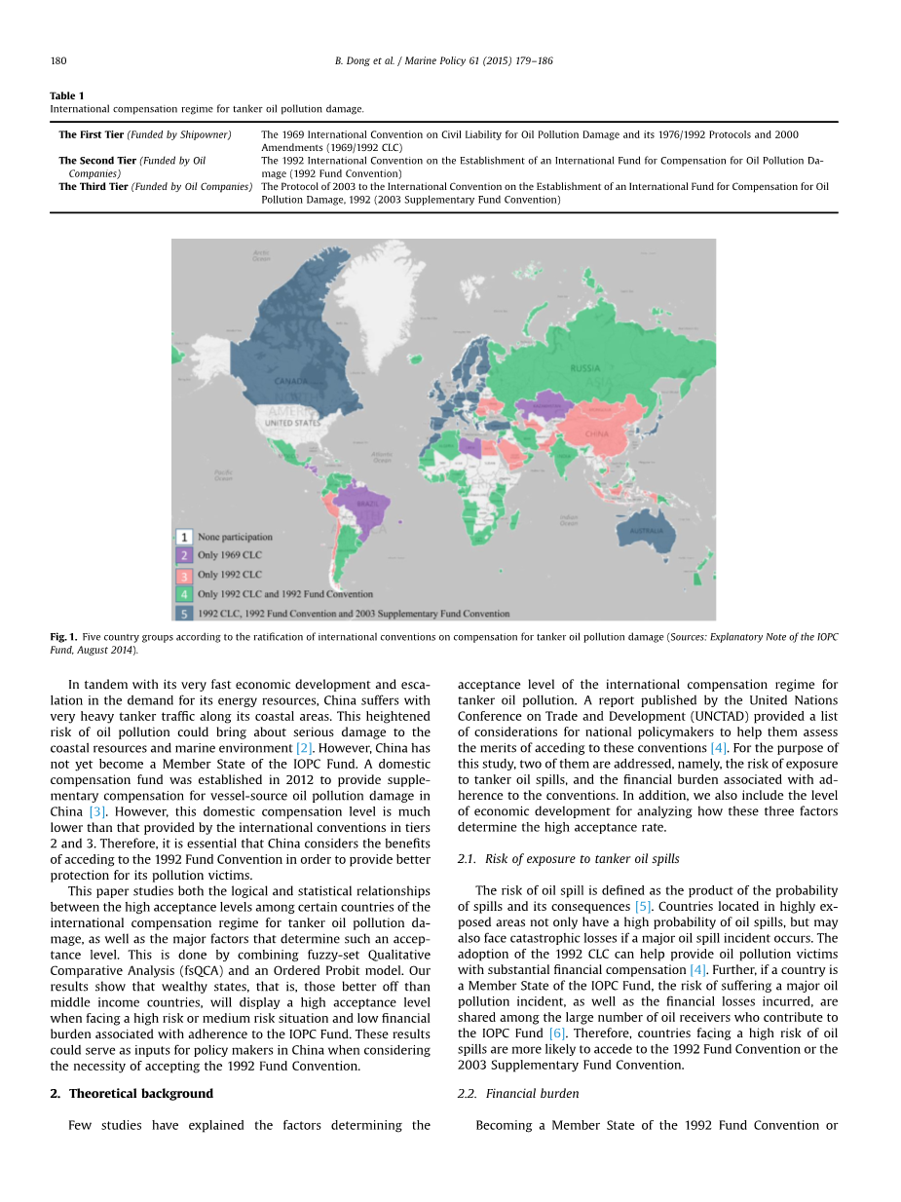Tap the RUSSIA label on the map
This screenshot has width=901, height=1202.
tap(584, 369)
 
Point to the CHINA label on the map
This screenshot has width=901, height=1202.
tap(596, 434)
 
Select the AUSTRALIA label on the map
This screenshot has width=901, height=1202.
tap(647, 531)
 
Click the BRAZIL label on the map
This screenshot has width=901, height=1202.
tap(367, 504)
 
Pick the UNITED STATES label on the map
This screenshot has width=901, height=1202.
tap(292, 424)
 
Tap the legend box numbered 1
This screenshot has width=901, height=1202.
tap(184, 537)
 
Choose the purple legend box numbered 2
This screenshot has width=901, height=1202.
tap(184, 555)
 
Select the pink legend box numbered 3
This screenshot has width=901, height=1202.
tap(184, 575)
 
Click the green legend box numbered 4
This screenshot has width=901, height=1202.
tap(184, 594)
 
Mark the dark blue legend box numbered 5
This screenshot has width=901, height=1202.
tap(184, 614)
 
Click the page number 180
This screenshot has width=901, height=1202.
tap(58, 60)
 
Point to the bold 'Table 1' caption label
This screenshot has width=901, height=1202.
tap(67, 95)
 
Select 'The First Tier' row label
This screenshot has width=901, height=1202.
tap(92, 134)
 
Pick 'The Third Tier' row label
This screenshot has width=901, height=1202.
tap(94, 186)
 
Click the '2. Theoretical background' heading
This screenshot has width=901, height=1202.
tap(131, 1094)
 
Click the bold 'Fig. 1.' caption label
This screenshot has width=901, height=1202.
tap(63, 637)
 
